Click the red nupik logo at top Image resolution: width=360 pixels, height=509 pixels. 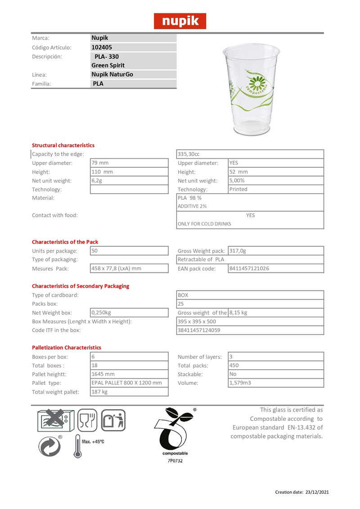180,21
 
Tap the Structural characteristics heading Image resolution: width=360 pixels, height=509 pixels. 63,145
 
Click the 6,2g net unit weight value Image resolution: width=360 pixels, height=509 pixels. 97,180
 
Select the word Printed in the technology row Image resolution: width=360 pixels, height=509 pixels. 238,189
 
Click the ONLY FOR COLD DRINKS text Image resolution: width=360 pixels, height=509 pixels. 205,224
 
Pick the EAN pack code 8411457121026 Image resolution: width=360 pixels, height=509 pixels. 249,268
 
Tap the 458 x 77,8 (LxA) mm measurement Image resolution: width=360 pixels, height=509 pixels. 117,268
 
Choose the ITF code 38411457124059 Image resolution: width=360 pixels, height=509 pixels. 199,330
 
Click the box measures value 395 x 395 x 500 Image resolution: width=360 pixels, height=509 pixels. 197,321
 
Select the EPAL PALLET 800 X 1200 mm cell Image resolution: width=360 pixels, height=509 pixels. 126,383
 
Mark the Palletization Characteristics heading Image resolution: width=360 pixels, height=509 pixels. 67,348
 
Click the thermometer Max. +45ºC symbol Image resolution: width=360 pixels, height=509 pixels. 89,445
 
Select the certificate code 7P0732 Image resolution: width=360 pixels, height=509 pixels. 175,460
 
